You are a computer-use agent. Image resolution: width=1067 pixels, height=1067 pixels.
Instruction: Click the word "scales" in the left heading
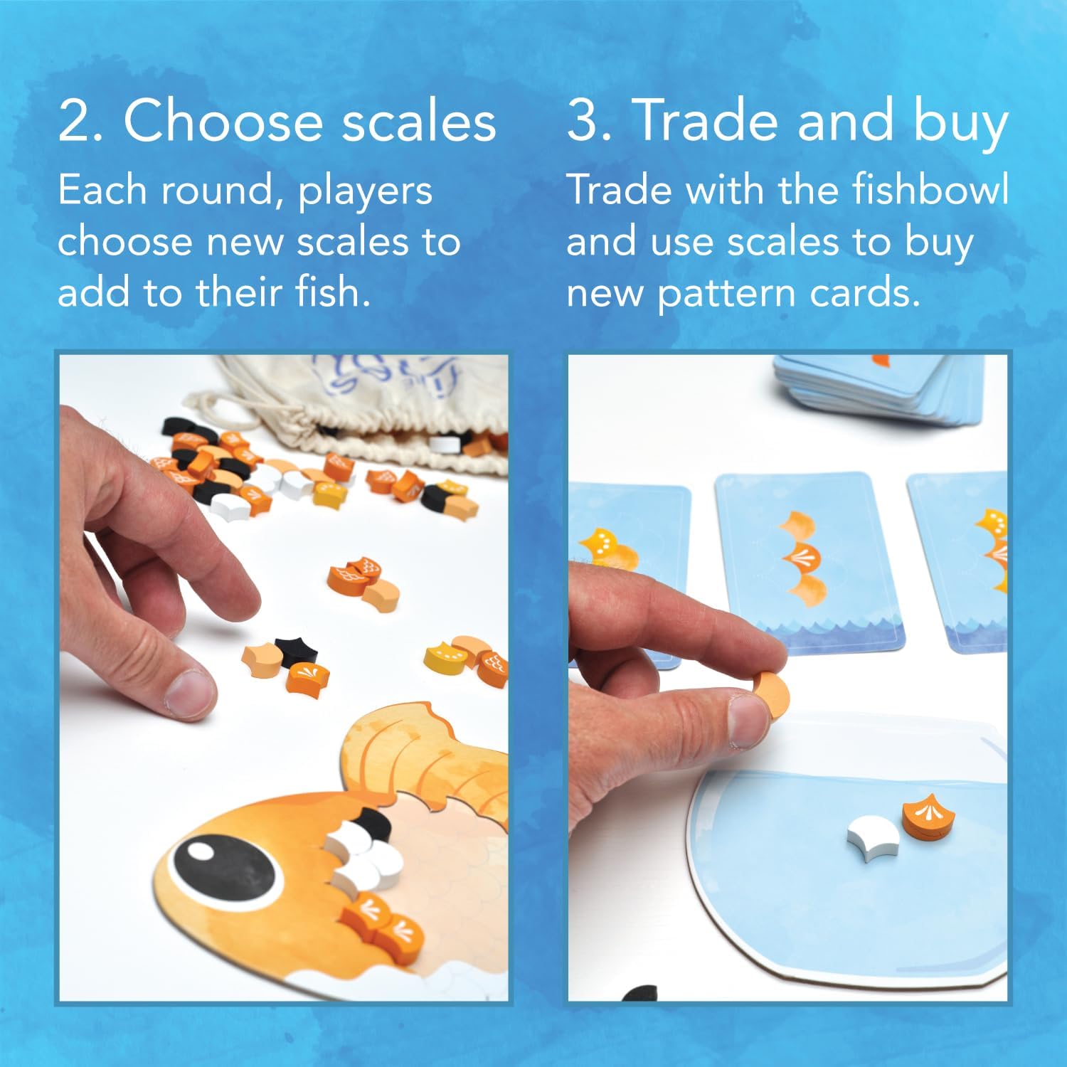(419, 122)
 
